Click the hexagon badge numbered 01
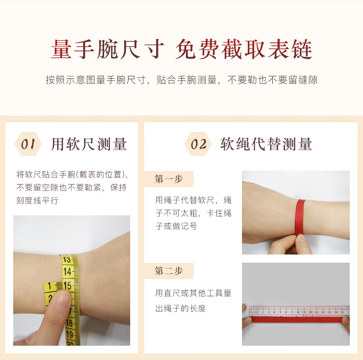[28, 144]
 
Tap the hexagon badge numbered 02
[198, 144]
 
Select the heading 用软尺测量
[89, 144]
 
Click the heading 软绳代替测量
[266, 144]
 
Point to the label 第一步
[169, 179]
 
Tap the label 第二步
[169, 271]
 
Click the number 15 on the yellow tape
[67, 286]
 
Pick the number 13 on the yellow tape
[66, 260]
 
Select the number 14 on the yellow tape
[67, 271]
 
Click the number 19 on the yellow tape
[70, 334]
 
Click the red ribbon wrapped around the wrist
[300, 217]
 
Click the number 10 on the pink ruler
[311, 312]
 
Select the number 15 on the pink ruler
[342, 312]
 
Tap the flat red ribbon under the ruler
[298, 320]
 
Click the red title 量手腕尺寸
[107, 49]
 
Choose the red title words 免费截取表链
[244, 49]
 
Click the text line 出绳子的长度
[180, 308]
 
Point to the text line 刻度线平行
[37, 200]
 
